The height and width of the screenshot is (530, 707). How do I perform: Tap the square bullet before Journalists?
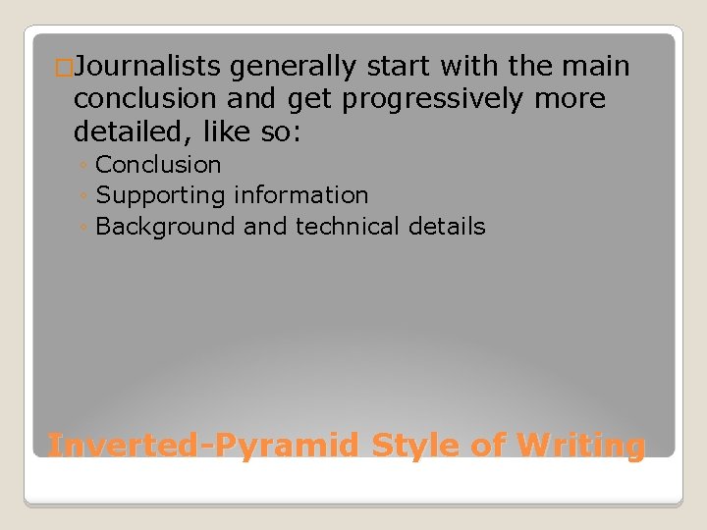tap(65, 68)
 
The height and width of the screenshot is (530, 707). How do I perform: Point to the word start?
tap(398, 68)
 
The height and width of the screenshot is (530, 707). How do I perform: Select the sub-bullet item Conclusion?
tap(158, 165)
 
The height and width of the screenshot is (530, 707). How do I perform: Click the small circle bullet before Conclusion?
tap(85, 166)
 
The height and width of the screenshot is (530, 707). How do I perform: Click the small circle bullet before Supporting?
tap(85, 197)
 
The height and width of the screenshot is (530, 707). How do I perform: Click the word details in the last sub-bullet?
tap(450, 227)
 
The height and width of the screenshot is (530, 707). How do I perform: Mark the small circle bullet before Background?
tap(85, 228)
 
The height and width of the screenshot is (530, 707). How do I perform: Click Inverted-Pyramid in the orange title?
tap(205, 446)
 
